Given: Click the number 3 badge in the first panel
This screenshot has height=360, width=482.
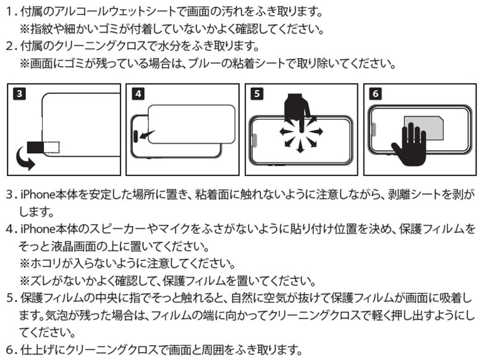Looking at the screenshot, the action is [19, 94].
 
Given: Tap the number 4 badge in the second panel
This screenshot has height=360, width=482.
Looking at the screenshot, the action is [138, 94].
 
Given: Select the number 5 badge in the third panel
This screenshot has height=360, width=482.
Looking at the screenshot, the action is [257, 94].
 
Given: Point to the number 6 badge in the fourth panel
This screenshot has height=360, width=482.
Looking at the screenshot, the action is [376, 94].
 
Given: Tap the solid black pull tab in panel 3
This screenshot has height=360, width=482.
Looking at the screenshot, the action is [36, 148].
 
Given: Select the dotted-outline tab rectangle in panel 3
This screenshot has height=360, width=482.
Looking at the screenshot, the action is [52, 148].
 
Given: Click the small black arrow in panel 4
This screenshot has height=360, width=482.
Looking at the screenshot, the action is [146, 135].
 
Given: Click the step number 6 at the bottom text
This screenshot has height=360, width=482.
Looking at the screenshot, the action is [9, 350].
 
